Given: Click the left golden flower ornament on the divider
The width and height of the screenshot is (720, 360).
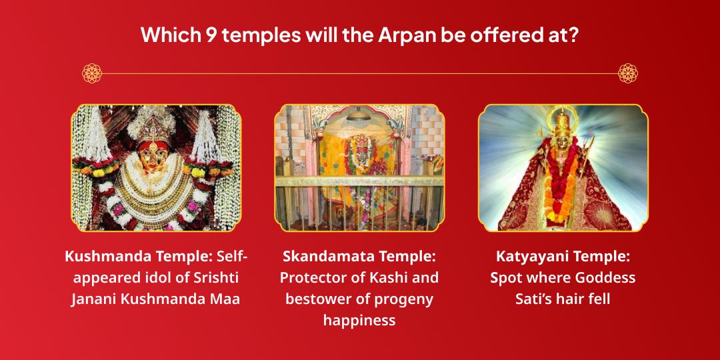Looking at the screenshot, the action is tap(92, 73).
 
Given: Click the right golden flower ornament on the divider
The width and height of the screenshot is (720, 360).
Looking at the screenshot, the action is tap(628, 73).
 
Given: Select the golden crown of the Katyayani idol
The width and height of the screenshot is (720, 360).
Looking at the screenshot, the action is tap(563, 123).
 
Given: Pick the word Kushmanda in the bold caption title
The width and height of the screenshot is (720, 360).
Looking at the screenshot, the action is tap(106, 256).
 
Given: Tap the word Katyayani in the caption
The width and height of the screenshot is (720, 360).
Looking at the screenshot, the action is tap(529, 256).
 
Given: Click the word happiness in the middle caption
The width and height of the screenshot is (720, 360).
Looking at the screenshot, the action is tap(359, 320).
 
